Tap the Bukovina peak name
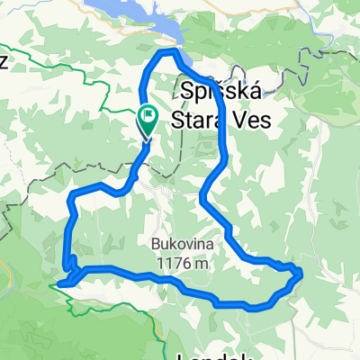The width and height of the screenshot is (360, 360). (x=180, y=243)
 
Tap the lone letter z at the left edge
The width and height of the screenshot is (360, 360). (x=4, y=61)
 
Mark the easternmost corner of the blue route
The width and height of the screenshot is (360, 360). (x=300, y=273)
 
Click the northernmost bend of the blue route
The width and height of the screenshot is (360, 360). (x=165, y=53)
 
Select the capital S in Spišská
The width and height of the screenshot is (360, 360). (x=186, y=92)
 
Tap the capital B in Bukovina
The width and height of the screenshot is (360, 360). (x=155, y=243)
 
